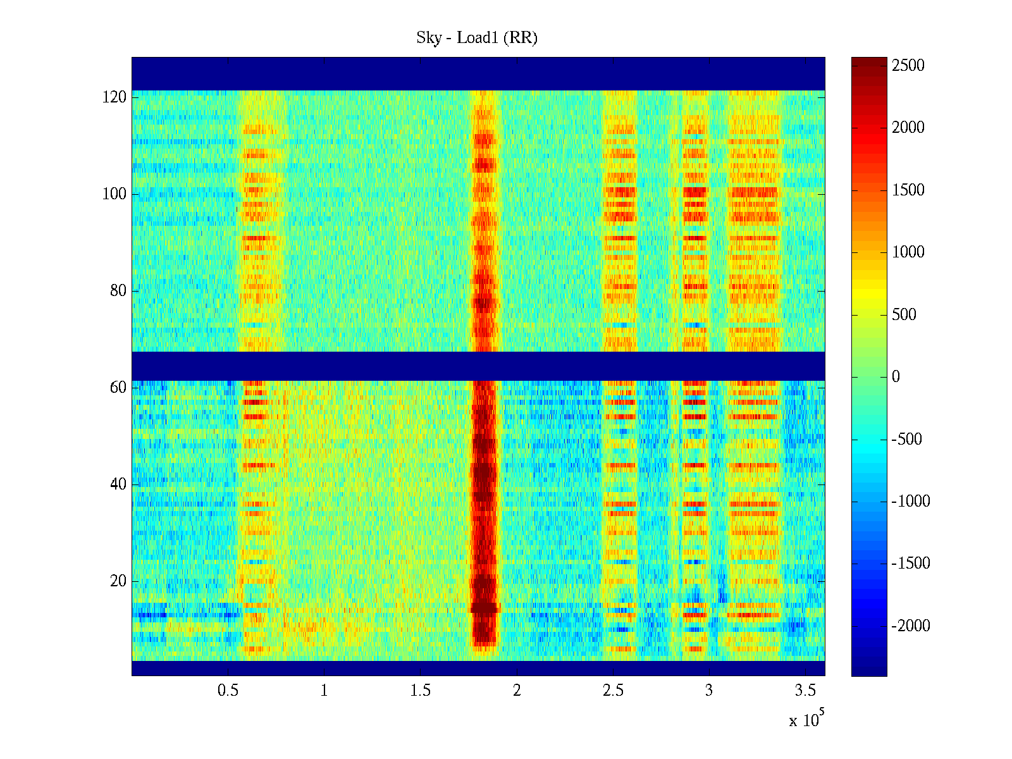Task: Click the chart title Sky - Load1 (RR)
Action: coord(477,38)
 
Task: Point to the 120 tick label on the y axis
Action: coord(114,97)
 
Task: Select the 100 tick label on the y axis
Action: coord(114,194)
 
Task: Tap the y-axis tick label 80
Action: coord(118,291)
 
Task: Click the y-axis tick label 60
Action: coord(118,388)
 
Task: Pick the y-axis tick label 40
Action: coord(118,484)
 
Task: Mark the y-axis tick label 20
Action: coord(118,581)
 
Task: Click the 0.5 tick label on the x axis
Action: coord(228,691)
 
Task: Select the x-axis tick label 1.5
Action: coord(421,691)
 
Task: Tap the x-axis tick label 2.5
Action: coord(613,691)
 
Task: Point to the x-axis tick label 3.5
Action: coord(805,691)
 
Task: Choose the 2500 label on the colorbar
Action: coord(908,66)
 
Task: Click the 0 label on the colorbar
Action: coord(896,377)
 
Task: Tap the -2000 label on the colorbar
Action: coord(911,626)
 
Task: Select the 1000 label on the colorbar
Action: coord(908,252)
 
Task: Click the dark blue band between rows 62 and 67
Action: coord(478,366)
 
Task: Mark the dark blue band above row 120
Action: coord(478,73)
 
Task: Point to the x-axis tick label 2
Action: coord(517,691)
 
